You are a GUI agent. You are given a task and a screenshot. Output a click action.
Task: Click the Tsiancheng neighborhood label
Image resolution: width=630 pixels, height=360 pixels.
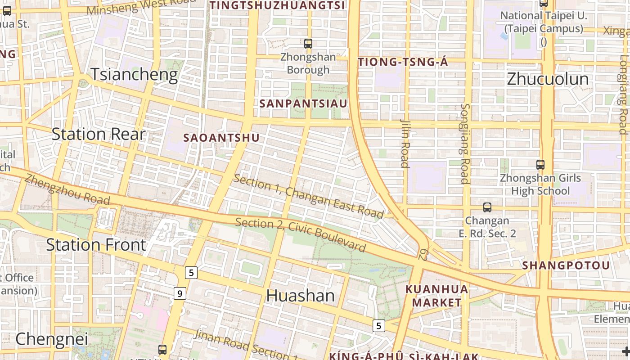coord(134,74)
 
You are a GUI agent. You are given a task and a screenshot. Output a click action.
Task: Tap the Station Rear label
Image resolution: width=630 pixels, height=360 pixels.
coord(99,134)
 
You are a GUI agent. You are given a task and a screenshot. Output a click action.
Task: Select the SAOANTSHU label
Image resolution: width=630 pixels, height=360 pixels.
coord(221,138)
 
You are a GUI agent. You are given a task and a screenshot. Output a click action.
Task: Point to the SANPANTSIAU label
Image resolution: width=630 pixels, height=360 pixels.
coord(303,103)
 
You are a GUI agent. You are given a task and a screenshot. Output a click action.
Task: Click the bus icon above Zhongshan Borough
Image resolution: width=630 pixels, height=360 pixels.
coord(308,44)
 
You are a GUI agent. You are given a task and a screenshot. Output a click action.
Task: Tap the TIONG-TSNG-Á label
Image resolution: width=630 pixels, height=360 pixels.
coord(403,62)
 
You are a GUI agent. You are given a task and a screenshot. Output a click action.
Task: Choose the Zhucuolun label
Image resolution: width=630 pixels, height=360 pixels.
coord(548,79)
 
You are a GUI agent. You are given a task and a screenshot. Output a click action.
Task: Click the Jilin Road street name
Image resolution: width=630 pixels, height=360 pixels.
coord(405,143)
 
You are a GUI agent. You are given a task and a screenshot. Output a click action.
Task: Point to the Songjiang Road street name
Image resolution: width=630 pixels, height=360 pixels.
coord(465,144)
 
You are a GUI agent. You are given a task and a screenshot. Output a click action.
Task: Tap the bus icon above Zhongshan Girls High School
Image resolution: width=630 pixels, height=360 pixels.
coord(540,165)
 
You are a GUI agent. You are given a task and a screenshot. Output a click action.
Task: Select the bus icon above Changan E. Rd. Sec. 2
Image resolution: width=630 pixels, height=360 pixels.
coord(487,207)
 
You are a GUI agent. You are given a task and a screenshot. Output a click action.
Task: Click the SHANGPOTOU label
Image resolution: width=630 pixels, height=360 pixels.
coord(566,265)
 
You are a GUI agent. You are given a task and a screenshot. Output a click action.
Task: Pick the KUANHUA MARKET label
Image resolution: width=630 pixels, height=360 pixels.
coord(437,296)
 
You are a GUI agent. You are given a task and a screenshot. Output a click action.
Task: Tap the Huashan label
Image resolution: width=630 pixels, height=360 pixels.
coord(301,296)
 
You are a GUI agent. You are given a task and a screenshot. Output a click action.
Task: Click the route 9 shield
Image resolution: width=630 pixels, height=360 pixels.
coord(180,294)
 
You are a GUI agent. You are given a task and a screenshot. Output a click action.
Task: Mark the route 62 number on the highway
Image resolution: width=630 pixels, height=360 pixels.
coord(423,254)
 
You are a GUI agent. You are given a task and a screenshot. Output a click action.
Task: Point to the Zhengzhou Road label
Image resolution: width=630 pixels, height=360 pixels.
coord(67,189)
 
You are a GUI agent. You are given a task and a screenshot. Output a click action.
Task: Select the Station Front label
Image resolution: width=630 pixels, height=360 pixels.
coord(96,245)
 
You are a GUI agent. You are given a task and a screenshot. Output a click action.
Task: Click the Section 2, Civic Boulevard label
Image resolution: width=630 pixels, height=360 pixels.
coord(301,235)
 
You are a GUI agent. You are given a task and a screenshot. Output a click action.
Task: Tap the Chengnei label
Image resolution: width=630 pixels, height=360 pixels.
coord(52,339)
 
